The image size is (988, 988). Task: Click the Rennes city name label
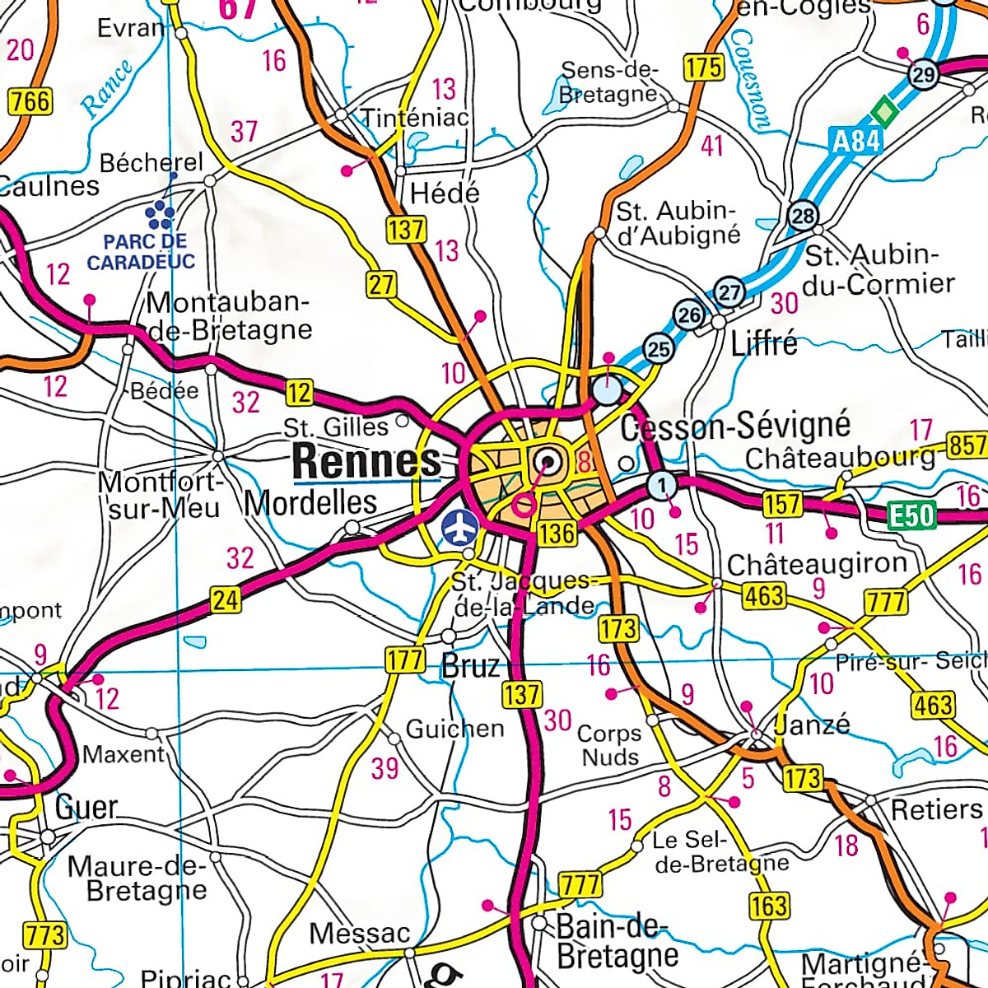(366, 461)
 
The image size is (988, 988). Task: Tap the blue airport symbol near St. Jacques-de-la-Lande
(459, 528)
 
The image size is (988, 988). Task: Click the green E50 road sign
(913, 516)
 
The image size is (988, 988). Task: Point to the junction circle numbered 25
(658, 349)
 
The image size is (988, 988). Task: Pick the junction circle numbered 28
(804, 217)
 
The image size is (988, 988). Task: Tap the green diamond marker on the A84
(883, 110)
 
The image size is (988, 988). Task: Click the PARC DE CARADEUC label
(142, 252)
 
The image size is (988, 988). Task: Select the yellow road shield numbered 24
(225, 599)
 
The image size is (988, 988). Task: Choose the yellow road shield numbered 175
(704, 68)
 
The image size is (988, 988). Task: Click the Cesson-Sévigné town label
(734, 426)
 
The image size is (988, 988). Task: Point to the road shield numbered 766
(30, 101)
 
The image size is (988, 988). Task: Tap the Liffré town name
(764, 343)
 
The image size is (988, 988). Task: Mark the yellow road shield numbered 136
(557, 533)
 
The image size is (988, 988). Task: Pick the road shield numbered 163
(769, 906)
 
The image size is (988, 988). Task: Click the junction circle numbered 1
(662, 485)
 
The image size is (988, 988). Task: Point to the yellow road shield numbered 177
(404, 659)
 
